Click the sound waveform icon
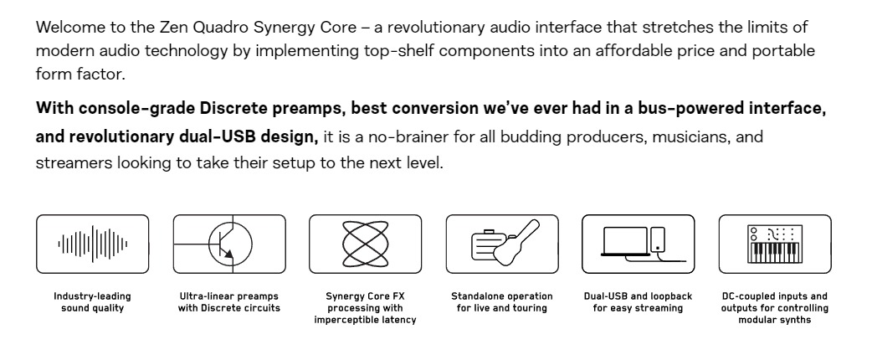92,244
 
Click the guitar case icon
502,244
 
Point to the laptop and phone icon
639,244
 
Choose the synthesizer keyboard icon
775,244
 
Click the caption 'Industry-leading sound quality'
92,302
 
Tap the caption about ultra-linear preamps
229,302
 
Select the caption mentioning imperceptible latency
366,308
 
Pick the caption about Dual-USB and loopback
638,302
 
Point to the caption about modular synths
775,308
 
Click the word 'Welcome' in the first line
69,27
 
